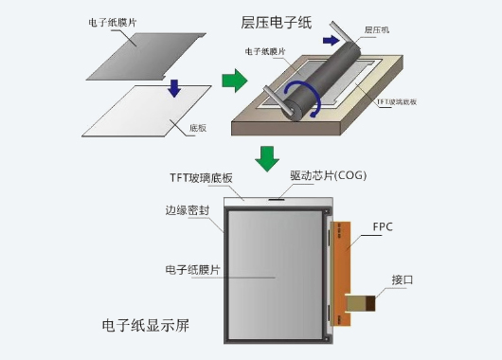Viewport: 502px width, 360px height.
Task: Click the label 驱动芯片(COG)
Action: (328, 176)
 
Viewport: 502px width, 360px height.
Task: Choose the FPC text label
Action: (383, 227)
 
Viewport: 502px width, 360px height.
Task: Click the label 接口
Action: (403, 279)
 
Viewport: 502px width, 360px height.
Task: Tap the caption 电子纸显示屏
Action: (147, 327)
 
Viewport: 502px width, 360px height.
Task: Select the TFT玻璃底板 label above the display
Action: (202, 177)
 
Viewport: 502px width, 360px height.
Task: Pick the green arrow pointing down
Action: (269, 157)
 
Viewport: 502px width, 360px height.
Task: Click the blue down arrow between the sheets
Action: (173, 87)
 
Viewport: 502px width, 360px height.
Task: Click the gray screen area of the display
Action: (277, 274)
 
